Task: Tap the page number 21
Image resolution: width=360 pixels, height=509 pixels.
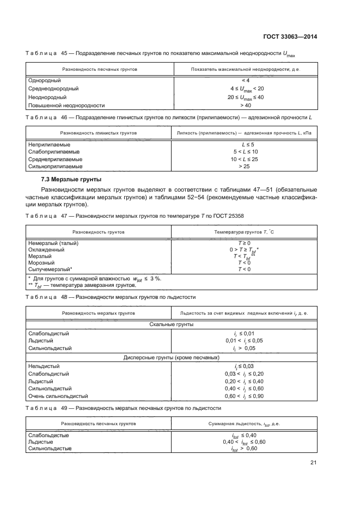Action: (314, 463)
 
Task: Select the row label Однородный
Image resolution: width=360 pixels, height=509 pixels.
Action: (44, 81)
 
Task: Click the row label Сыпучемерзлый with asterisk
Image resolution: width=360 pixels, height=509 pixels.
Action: (50, 269)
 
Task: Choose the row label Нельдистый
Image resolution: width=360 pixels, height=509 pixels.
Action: (44, 366)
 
